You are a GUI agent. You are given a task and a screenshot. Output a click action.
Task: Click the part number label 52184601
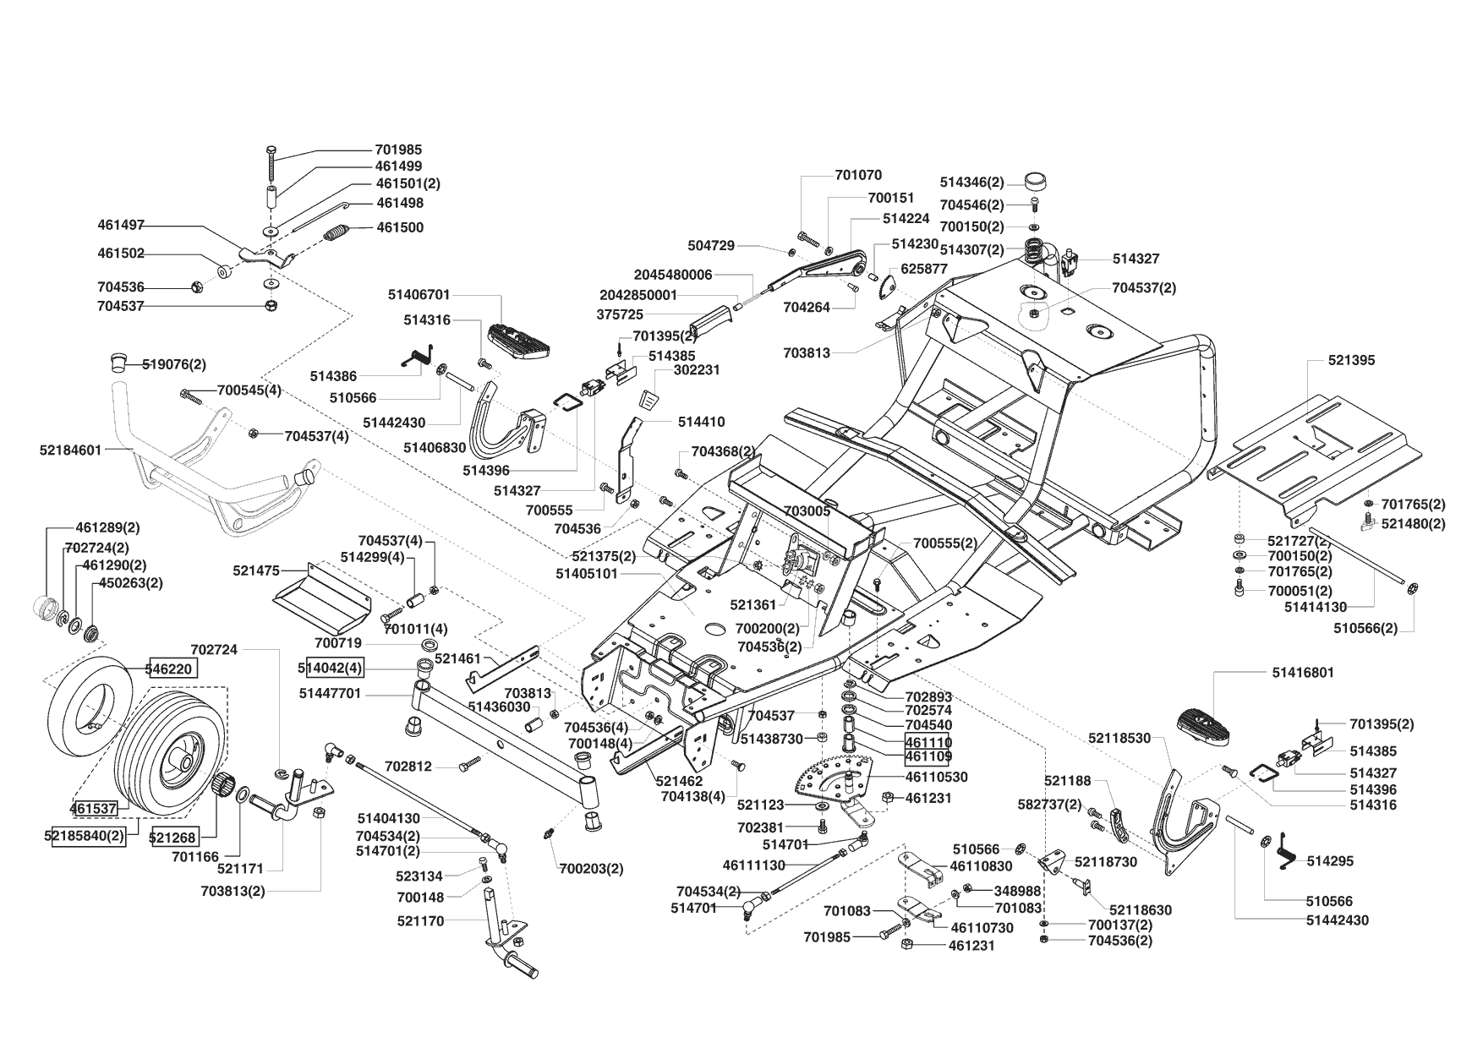coord(70,450)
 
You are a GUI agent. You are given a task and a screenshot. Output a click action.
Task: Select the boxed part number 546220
coord(174,669)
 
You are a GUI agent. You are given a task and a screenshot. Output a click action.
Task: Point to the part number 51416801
coord(1303,673)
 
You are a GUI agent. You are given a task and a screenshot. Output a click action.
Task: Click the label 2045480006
coord(673,275)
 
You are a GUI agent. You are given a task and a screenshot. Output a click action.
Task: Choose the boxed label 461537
coord(93,809)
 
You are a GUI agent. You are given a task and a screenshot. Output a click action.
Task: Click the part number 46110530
coord(937,777)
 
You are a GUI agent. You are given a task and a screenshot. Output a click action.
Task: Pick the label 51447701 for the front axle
coord(330,694)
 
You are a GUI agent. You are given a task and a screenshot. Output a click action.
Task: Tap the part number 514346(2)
coord(972,183)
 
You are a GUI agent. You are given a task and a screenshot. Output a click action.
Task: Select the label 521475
coord(256,571)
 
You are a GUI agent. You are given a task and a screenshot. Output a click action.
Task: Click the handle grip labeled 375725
coord(709,320)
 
